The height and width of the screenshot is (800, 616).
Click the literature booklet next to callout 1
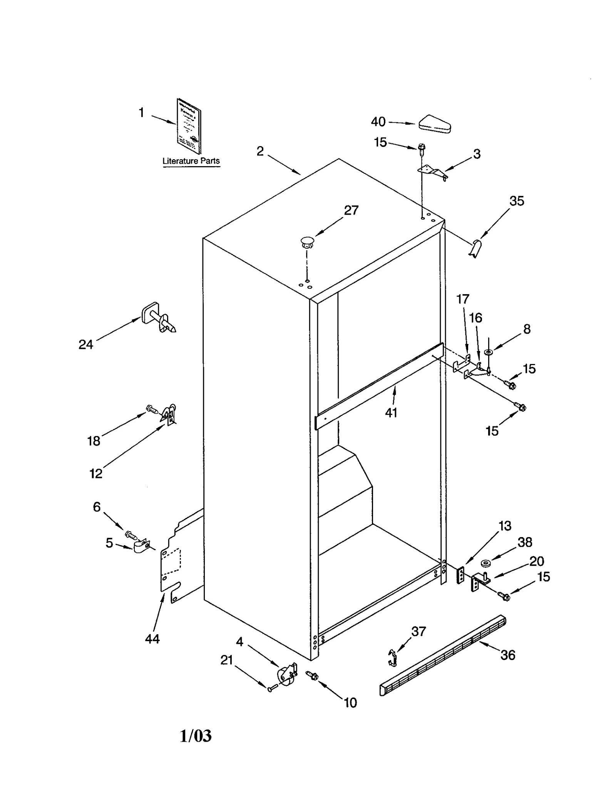189,126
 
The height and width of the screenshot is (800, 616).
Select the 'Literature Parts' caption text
191,161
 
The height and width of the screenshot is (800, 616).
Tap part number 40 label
378,122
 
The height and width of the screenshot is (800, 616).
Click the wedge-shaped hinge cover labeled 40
435,124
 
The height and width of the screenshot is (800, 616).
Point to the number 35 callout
516,201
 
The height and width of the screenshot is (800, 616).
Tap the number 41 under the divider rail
391,413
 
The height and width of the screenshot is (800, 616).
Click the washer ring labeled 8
488,352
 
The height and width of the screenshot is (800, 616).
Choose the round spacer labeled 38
486,564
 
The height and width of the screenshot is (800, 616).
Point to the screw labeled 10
312,675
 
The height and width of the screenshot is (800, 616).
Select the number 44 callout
152,639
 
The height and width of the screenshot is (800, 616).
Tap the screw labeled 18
152,409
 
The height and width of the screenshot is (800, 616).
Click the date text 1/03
196,736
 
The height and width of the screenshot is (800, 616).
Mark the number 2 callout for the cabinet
260,151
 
